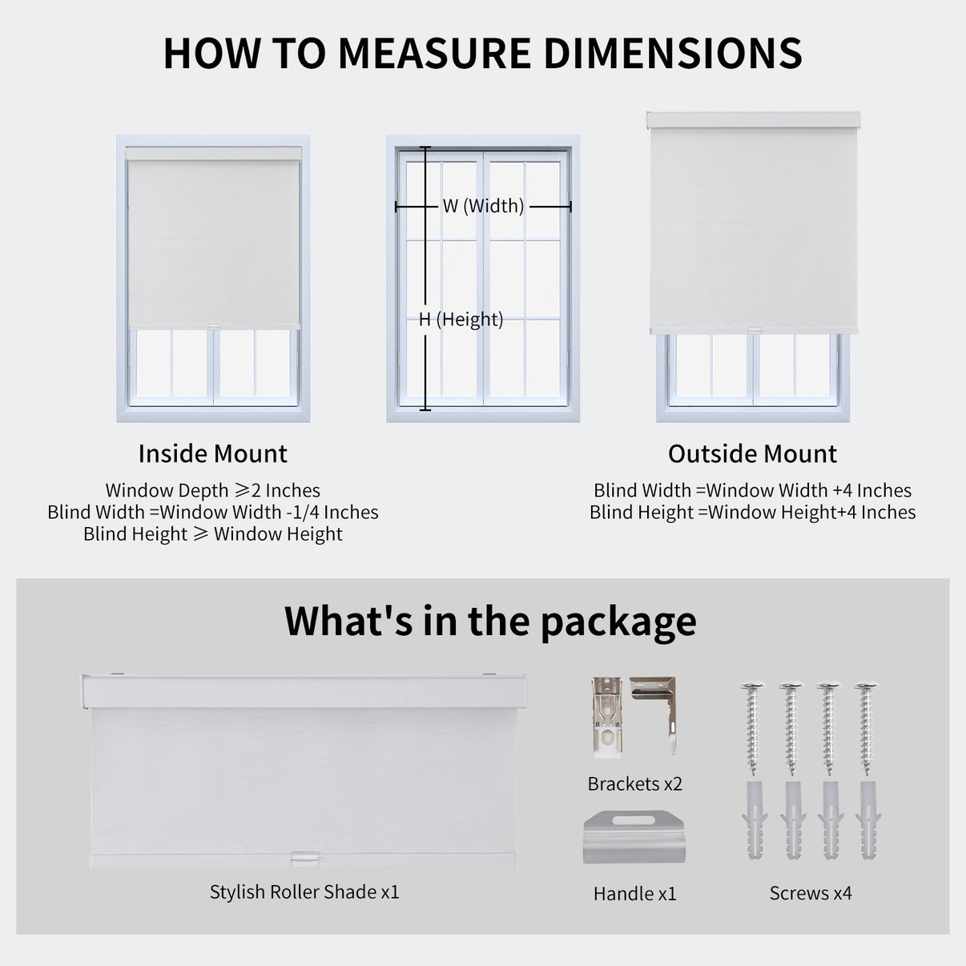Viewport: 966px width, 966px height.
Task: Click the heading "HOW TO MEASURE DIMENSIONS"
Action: point(482,54)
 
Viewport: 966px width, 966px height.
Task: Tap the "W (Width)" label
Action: point(483,206)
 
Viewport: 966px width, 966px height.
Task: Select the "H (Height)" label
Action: point(461,320)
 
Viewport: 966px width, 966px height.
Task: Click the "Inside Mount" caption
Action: point(212,453)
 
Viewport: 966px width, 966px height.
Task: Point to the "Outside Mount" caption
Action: point(752,453)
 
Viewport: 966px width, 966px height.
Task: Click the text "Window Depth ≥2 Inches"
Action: point(212,490)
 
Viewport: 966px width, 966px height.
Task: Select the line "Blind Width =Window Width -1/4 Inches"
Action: point(212,512)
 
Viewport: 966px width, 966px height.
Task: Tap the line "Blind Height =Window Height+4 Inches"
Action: point(752,512)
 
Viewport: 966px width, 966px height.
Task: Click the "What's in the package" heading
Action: point(490,621)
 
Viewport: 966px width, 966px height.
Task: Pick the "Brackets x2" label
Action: point(634,783)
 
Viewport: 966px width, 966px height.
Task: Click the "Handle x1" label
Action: point(634,893)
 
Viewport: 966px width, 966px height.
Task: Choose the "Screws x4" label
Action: point(811,893)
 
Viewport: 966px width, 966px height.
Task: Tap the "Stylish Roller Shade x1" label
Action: point(304,892)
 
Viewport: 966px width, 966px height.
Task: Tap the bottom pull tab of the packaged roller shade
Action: point(303,857)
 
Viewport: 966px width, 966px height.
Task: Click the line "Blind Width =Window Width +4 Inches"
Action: point(752,490)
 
